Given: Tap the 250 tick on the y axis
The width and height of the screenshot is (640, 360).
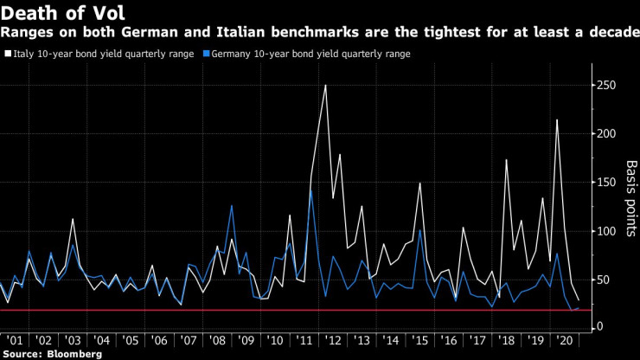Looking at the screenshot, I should (x=607, y=86).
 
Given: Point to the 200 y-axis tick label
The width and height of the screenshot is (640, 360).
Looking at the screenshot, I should (x=607, y=134).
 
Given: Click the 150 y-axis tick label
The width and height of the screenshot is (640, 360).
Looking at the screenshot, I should (x=607, y=183).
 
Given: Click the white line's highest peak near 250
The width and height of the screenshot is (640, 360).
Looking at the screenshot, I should (x=325, y=85).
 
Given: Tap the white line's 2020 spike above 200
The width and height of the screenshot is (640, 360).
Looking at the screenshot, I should (x=556, y=119).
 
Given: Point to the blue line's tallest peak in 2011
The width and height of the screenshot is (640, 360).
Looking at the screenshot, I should (x=311, y=190).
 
